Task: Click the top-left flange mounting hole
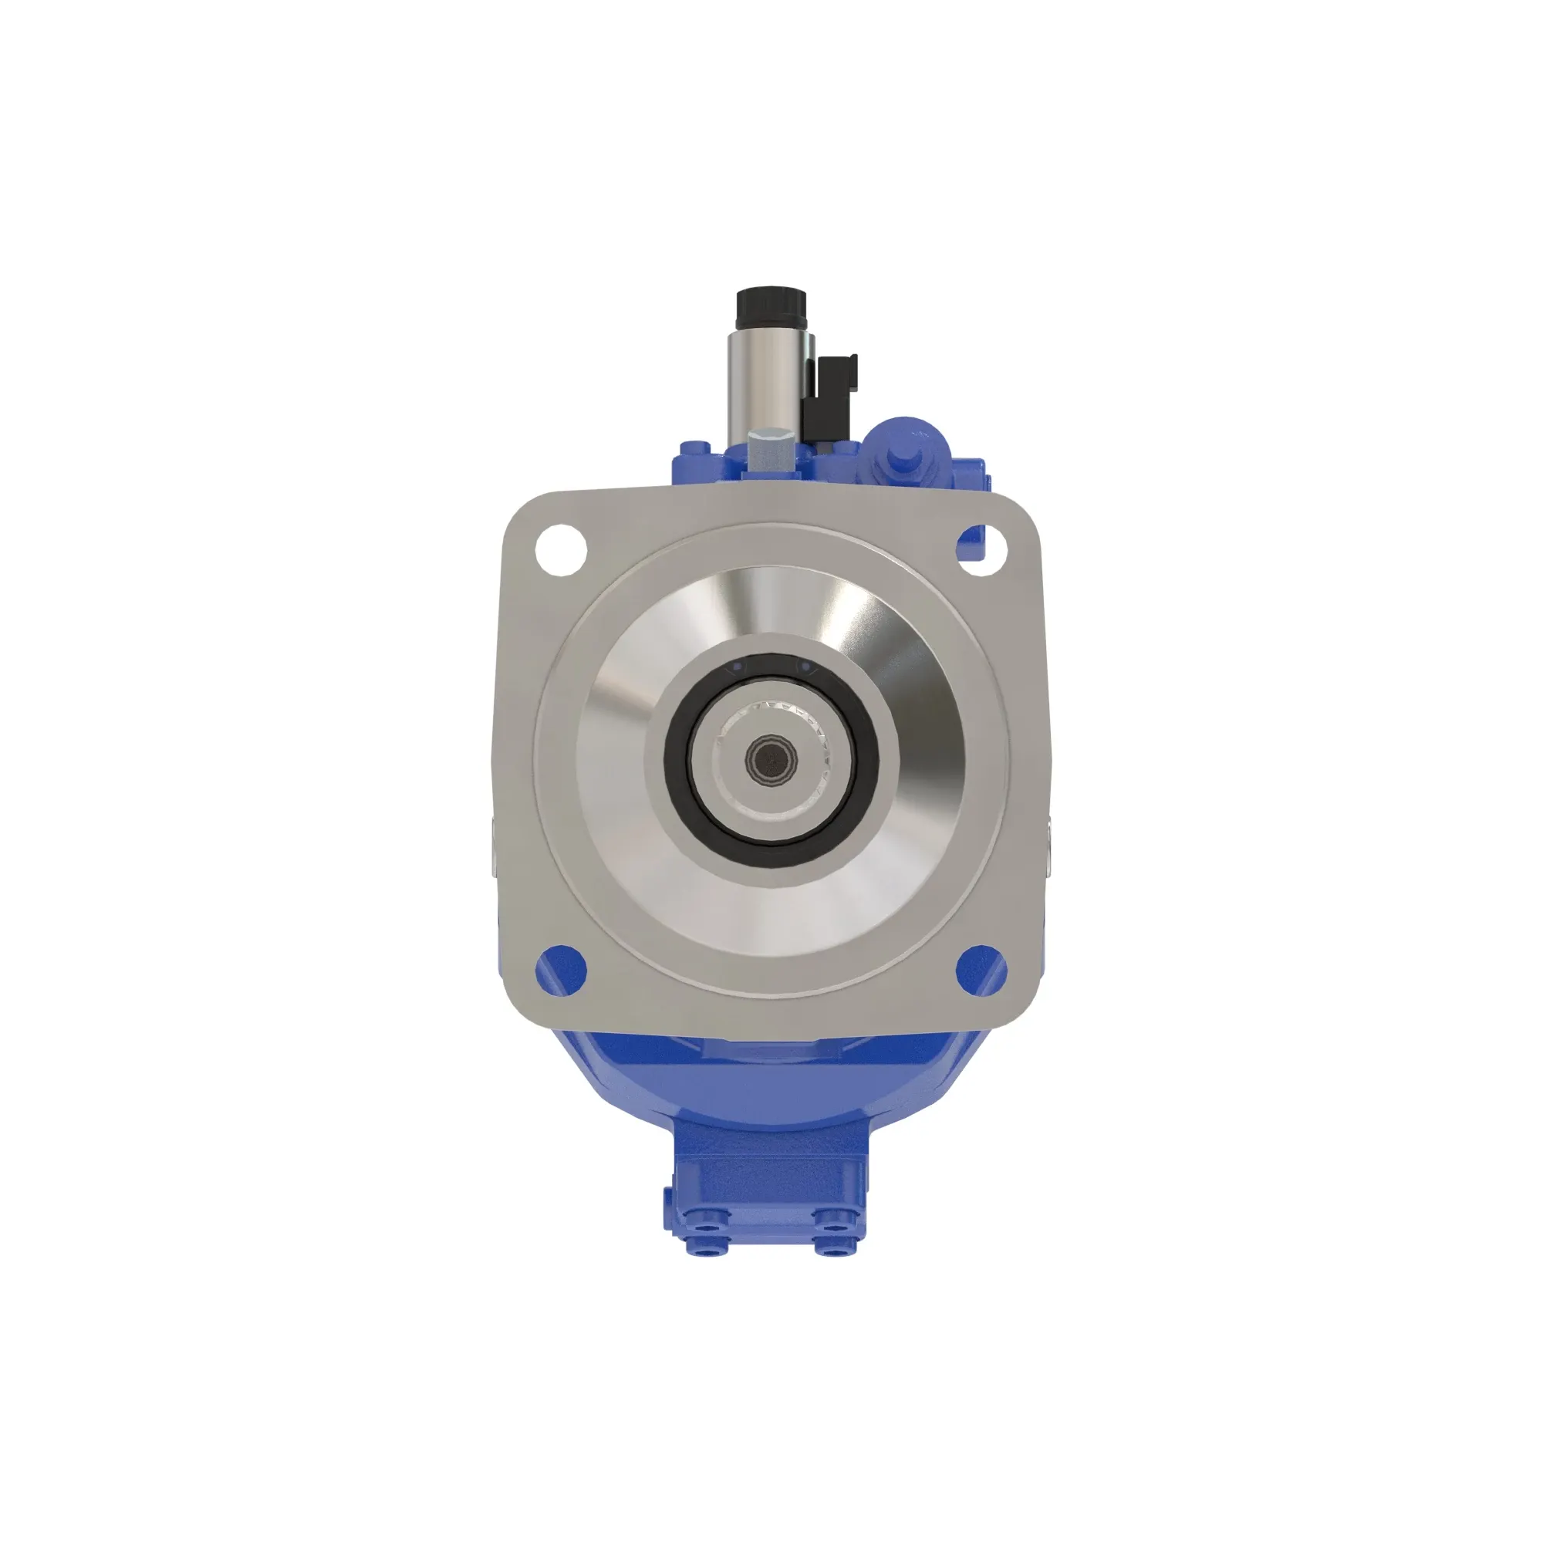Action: [x=561, y=549]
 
